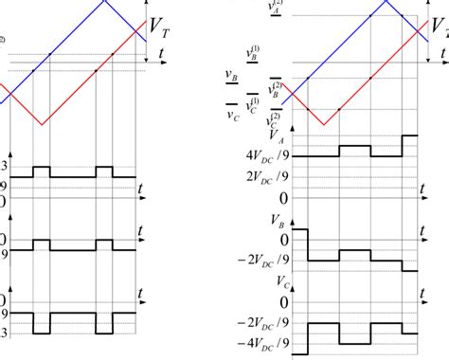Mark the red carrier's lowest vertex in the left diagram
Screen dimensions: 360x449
point(40,125)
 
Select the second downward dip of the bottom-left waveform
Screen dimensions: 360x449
point(104,323)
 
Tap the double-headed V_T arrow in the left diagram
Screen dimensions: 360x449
point(145,32)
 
